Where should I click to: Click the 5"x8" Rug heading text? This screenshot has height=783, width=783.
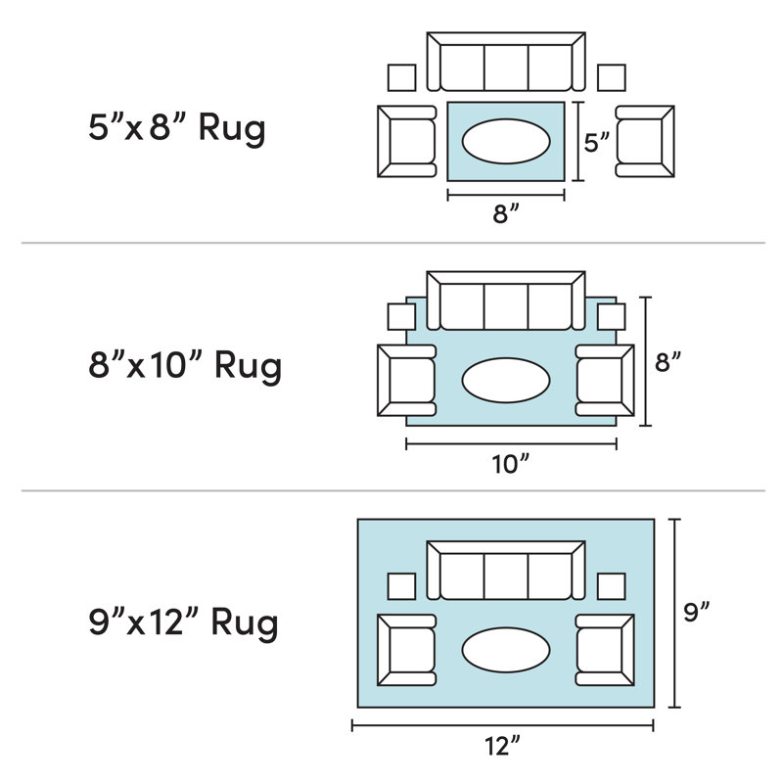(x=177, y=129)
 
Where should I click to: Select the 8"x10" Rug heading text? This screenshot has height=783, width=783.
(x=185, y=366)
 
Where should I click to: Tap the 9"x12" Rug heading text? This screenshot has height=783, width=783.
(x=183, y=623)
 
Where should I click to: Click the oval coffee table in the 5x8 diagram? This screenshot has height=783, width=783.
(x=506, y=141)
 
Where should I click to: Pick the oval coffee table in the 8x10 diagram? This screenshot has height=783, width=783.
(x=506, y=380)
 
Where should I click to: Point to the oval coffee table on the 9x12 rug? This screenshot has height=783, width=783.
(x=506, y=650)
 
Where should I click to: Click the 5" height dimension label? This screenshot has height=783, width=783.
(x=597, y=143)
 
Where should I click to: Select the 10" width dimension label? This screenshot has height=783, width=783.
(x=510, y=464)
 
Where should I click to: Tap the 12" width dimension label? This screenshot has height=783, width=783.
(x=502, y=746)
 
